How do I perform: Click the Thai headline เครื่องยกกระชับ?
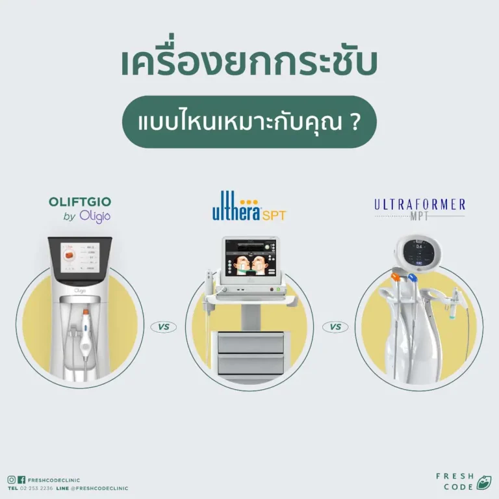pyautogui.click(x=249, y=63)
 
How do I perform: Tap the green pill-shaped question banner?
pyautogui.click(x=249, y=122)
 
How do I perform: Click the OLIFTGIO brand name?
pyautogui.click(x=79, y=202)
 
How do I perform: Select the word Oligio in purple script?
pyautogui.click(x=95, y=217)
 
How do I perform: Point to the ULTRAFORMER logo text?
pyautogui.click(x=420, y=205)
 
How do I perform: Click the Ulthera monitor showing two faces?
pyautogui.click(x=249, y=258)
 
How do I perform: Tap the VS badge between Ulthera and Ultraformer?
pyautogui.click(x=335, y=327)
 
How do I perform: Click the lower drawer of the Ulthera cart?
pyautogui.click(x=249, y=364)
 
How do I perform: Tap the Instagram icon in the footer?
pyautogui.click(x=12, y=480)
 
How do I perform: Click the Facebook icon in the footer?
pyautogui.click(x=21, y=480)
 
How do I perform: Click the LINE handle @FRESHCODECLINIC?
pyautogui.click(x=99, y=488)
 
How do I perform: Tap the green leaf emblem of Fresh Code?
pyautogui.click(x=483, y=483)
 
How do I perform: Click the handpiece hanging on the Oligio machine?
pyautogui.click(x=86, y=338)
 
